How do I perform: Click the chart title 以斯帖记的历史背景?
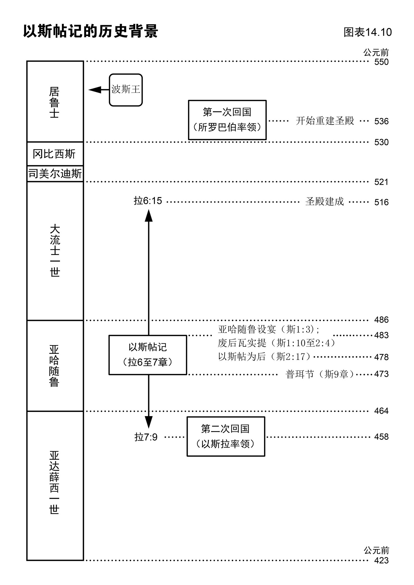pyautogui.click(x=90, y=31)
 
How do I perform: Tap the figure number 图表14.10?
pyautogui.click(x=367, y=32)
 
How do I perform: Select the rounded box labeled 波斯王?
pyautogui.click(x=126, y=90)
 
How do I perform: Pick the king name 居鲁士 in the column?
pyautogui.click(x=54, y=102)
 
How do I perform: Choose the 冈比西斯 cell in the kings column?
pyautogui.click(x=54, y=154)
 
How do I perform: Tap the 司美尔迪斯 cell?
pyautogui.click(x=55, y=174)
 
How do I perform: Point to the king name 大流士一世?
pyautogui.click(x=55, y=251)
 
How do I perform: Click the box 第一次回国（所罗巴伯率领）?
pyautogui.click(x=227, y=120)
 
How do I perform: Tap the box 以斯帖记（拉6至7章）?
pyautogui.click(x=148, y=355)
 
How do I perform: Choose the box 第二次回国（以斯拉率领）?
pyautogui.click(x=226, y=436)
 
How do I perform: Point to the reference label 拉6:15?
pyautogui.click(x=148, y=201)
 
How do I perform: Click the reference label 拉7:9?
pyautogui.click(x=146, y=437)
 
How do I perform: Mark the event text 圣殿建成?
pyautogui.click(x=324, y=202)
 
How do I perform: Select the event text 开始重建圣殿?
pyautogui.click(x=325, y=121)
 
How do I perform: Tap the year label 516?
pyautogui.click(x=381, y=202)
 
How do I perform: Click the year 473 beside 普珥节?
pyautogui.click(x=381, y=374)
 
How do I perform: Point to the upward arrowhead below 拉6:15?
pyautogui.click(x=149, y=216)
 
